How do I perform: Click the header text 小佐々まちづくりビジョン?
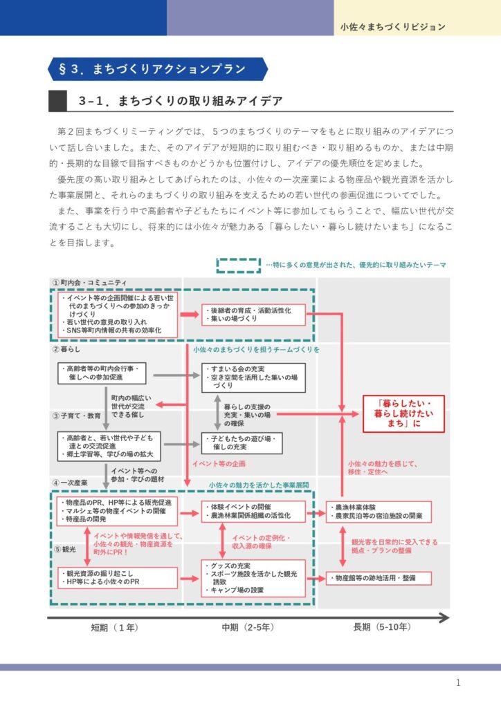392,28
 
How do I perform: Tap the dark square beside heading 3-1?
57,101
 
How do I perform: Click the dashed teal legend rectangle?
238,265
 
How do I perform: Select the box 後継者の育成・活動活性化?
253,315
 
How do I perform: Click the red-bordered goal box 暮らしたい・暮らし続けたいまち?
404,413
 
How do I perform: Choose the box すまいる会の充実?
253,378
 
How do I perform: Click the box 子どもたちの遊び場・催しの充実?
253,443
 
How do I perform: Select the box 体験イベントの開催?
253,512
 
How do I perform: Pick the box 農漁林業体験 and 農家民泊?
379,512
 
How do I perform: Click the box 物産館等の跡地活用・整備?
379,577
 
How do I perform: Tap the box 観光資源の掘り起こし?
109,577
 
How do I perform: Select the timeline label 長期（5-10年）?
382,628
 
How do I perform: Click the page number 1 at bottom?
458,683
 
